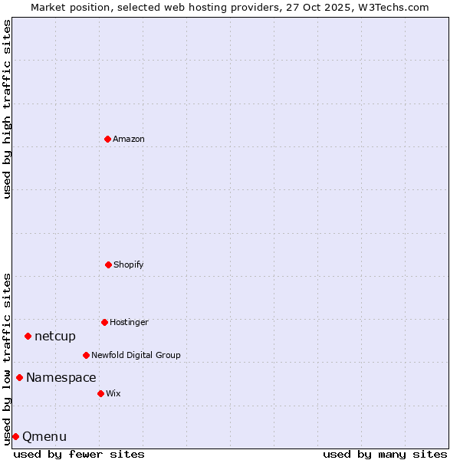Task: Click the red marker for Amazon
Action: [x=107, y=139]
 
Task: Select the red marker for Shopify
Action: [x=108, y=264]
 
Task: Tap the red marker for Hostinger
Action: [x=104, y=322]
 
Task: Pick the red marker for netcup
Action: [x=28, y=336]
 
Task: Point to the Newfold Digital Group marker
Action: [x=86, y=355]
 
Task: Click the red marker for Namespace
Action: [x=19, y=377]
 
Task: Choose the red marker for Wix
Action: [x=100, y=393]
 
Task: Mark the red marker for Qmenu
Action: [x=15, y=436]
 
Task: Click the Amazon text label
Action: [x=129, y=139]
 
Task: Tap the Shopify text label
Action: [x=129, y=264]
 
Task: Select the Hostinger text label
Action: [x=129, y=322]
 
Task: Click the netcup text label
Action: [x=55, y=336]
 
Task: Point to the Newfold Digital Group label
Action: [x=136, y=355]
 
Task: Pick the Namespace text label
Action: [x=61, y=377]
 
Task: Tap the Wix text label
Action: [x=113, y=393]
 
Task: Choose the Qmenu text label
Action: [x=44, y=436]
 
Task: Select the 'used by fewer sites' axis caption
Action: [x=79, y=454]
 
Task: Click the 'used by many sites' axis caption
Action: [x=385, y=454]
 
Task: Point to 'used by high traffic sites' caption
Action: [x=7, y=109]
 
